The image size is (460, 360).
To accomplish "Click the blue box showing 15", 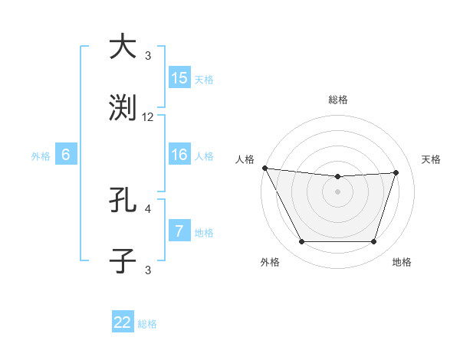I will pyautogui.click(x=179, y=78).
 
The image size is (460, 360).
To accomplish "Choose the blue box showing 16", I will pyautogui.click(x=179, y=155).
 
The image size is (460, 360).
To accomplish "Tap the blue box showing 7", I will pyautogui.click(x=179, y=231).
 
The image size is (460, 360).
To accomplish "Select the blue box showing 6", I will pyautogui.click(x=66, y=155).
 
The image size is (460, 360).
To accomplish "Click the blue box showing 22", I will pyautogui.click(x=123, y=322).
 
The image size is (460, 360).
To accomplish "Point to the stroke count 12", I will pyautogui.click(x=148, y=117).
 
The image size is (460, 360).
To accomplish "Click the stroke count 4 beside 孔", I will pyautogui.click(x=148, y=208).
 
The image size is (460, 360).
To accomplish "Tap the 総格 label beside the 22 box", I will pyautogui.click(x=147, y=324).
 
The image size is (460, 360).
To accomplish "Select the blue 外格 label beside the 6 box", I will pyautogui.click(x=41, y=156).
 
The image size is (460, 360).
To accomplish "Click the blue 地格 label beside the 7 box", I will pyautogui.click(x=204, y=233).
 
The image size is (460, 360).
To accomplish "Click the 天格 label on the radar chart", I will pyautogui.click(x=431, y=159).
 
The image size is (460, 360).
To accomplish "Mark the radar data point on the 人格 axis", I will pyautogui.click(x=264, y=168).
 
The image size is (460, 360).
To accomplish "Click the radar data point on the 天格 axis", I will pyautogui.click(x=396, y=172).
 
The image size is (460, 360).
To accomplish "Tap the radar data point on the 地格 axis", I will pyautogui.click(x=374, y=242).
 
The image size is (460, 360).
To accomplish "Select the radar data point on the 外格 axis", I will pyautogui.click(x=301, y=242).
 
